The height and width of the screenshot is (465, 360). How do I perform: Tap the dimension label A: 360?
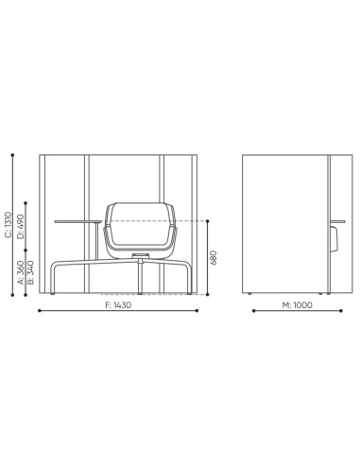tap(23, 276)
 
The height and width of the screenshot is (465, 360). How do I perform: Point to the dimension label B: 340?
tap(32, 276)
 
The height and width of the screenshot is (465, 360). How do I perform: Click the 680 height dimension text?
tap(216, 257)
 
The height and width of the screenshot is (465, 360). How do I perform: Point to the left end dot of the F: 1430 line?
tap(39, 311)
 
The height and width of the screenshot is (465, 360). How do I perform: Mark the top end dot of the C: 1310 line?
tap(10, 150)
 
